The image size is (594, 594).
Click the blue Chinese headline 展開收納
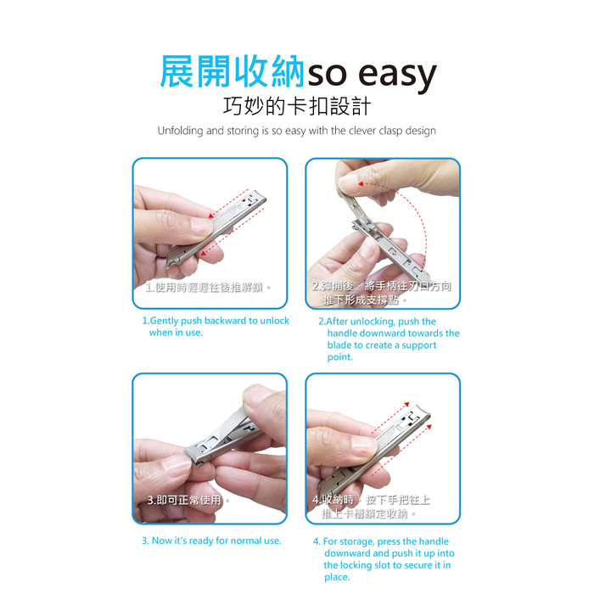click(x=232, y=71)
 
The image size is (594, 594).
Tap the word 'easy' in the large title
click(x=397, y=75)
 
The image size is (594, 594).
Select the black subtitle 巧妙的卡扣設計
click(x=297, y=106)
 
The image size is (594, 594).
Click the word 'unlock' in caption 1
click(x=274, y=321)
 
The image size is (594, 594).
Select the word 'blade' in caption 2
click(x=339, y=345)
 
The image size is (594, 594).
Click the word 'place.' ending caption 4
click(x=337, y=577)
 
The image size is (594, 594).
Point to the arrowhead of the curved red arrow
click(x=361, y=184)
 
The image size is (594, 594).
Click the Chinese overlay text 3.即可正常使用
click(x=184, y=500)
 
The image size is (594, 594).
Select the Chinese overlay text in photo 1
click(x=208, y=288)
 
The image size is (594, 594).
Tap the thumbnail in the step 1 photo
click(x=201, y=227)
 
